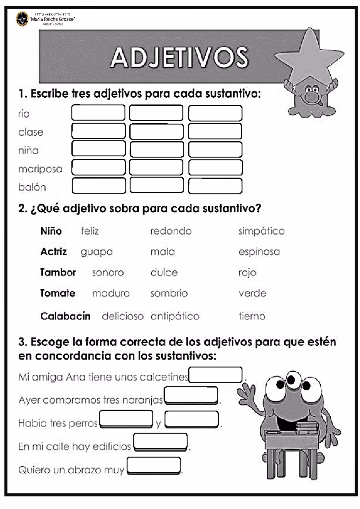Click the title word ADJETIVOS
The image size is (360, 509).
click(x=179, y=57)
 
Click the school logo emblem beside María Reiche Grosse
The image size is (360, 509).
click(x=22, y=19)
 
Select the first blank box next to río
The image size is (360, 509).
click(x=98, y=113)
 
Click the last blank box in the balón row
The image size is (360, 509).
click(x=215, y=186)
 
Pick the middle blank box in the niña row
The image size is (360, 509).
click(x=157, y=149)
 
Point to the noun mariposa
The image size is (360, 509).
click(x=40, y=169)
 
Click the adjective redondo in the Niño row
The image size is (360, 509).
click(x=171, y=231)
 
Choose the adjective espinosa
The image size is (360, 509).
click(x=259, y=252)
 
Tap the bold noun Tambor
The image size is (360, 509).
click(x=58, y=273)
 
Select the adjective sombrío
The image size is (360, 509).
click(x=169, y=293)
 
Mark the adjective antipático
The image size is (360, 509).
click(x=175, y=316)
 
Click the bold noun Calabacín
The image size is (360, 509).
click(x=65, y=316)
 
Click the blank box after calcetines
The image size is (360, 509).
click(x=215, y=375)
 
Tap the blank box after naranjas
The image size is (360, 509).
click(x=191, y=395)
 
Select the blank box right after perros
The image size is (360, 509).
click(x=126, y=419)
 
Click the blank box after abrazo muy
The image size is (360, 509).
click(x=154, y=465)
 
